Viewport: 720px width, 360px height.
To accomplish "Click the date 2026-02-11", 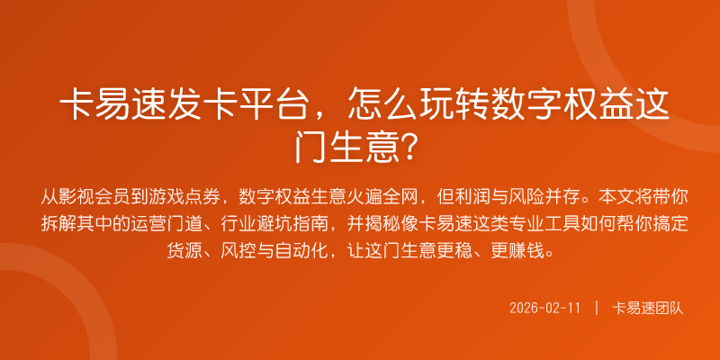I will [x=544, y=308].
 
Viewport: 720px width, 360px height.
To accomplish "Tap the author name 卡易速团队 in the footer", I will [x=648, y=308].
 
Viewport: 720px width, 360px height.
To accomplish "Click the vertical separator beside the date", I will [x=596, y=308].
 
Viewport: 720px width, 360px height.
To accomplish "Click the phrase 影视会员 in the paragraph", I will [x=101, y=195].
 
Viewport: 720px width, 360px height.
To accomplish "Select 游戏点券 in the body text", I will [x=191, y=195].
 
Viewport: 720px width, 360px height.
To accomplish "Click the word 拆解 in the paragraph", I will [x=58, y=221].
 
